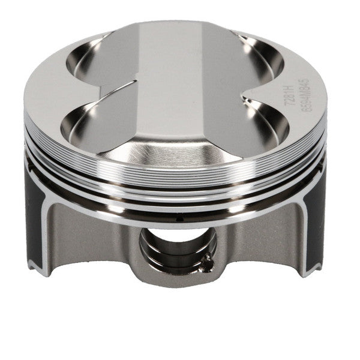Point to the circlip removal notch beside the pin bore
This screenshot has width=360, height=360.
click(x=206, y=259)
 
